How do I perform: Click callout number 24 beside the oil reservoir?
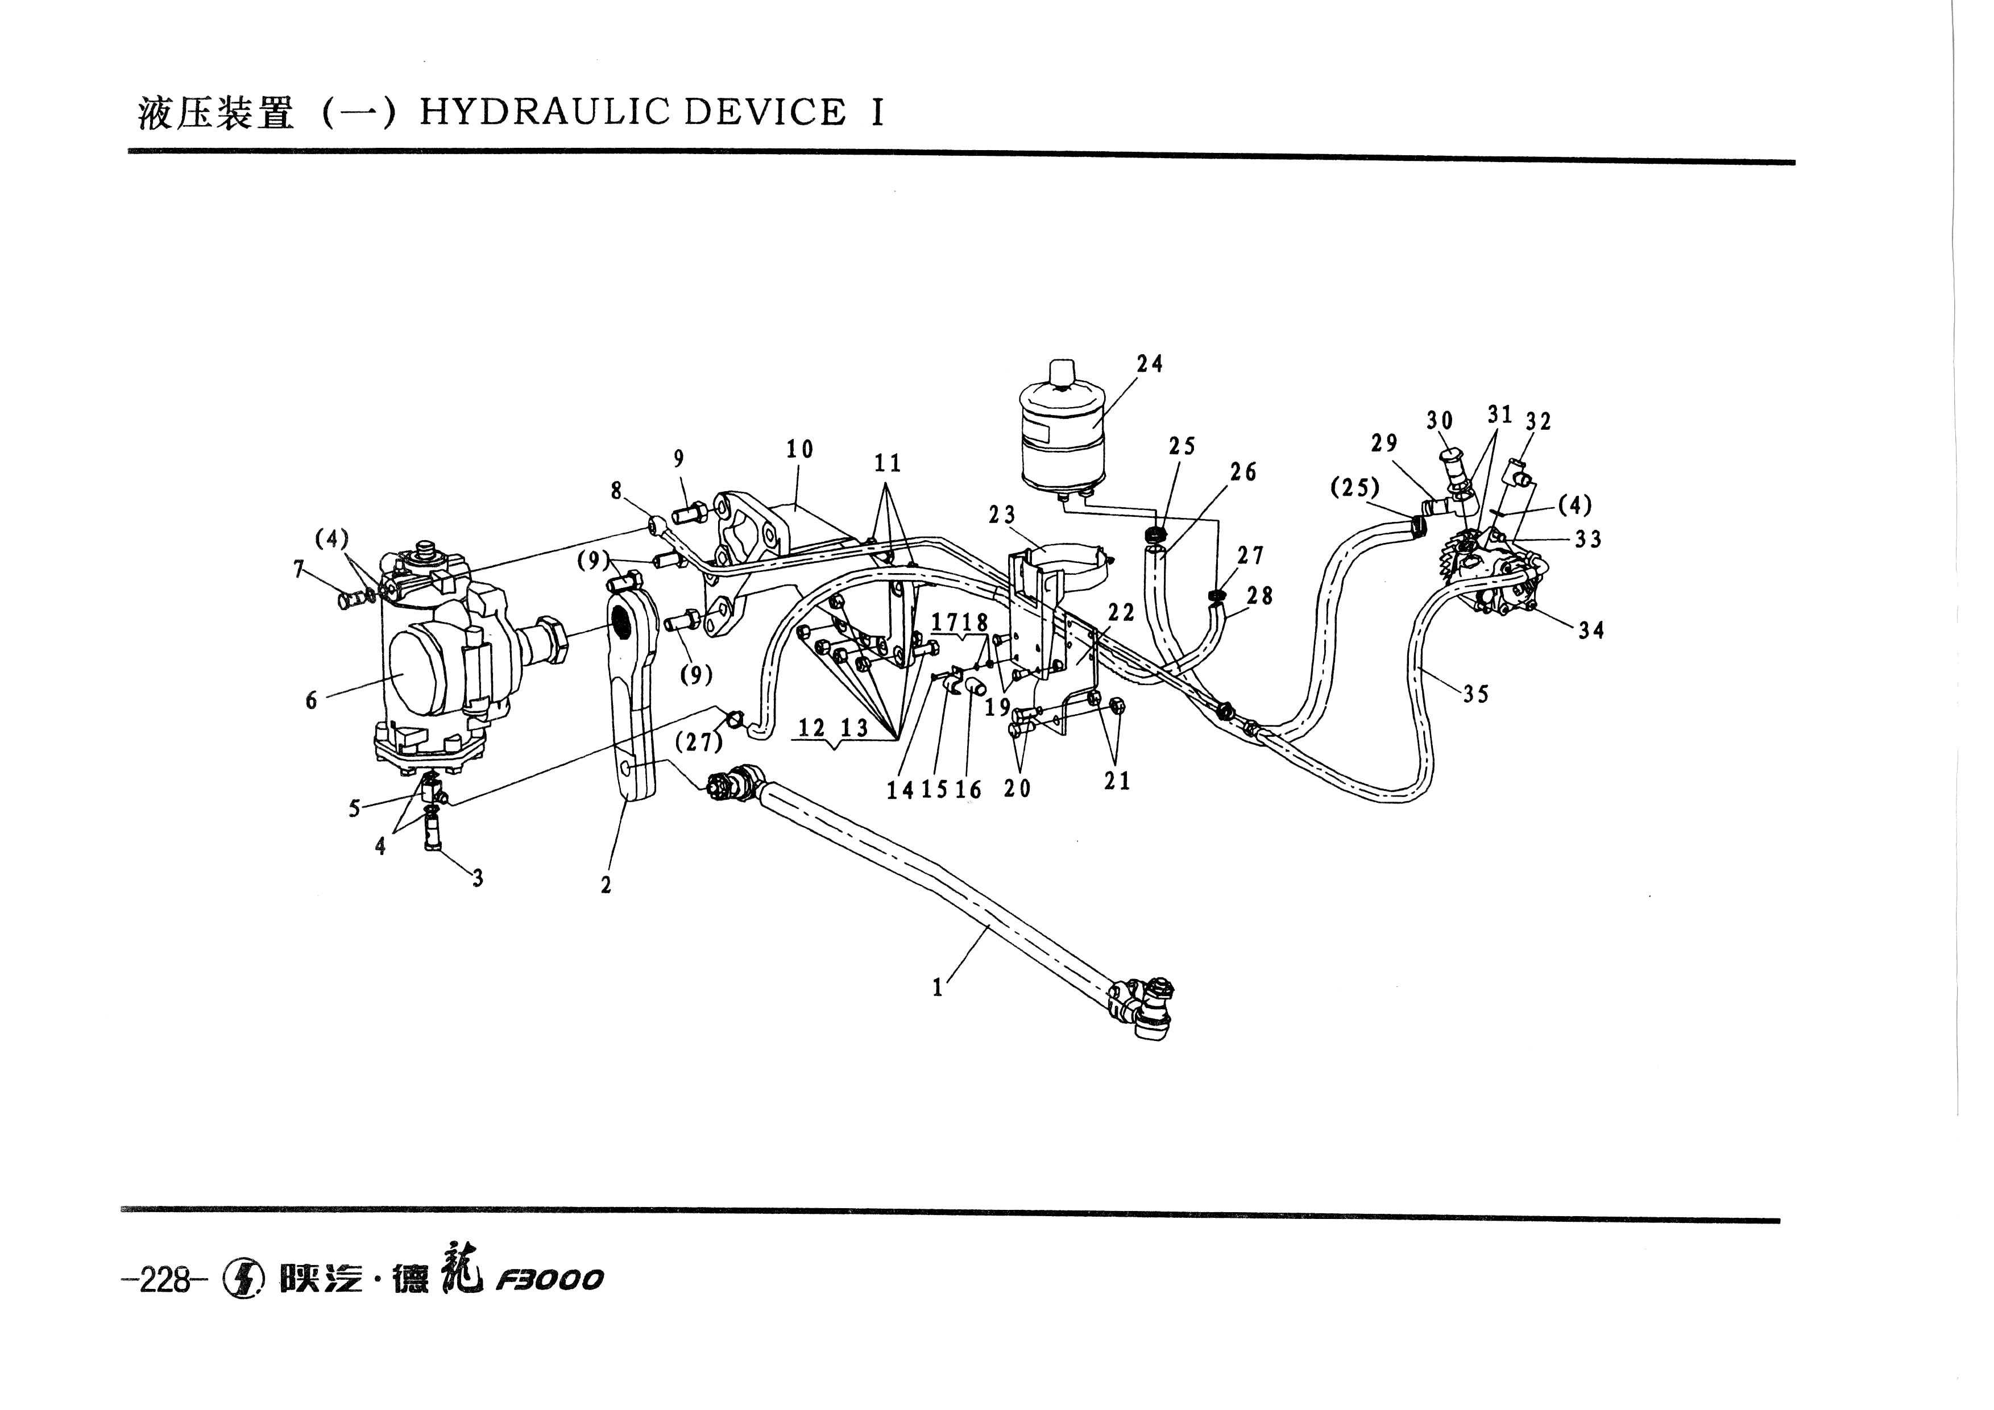[x=1149, y=364]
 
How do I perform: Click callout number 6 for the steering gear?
[x=312, y=700]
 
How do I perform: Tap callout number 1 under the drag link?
[x=937, y=988]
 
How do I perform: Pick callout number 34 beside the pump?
[x=1591, y=631]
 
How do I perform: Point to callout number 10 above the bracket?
[x=800, y=449]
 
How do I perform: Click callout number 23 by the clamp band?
[x=1001, y=515]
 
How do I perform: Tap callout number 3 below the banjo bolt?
[x=478, y=878]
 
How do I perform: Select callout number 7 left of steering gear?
[x=300, y=570]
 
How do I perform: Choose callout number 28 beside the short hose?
[x=1259, y=596]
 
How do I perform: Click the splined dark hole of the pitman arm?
[x=623, y=621]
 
